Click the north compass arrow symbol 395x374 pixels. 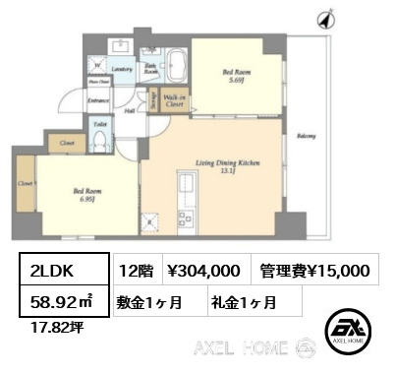coord(325,19)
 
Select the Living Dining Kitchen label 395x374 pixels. coord(226,162)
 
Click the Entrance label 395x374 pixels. coord(97,100)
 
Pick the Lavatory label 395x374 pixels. coord(122,69)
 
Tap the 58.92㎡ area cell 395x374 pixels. coord(57,300)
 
